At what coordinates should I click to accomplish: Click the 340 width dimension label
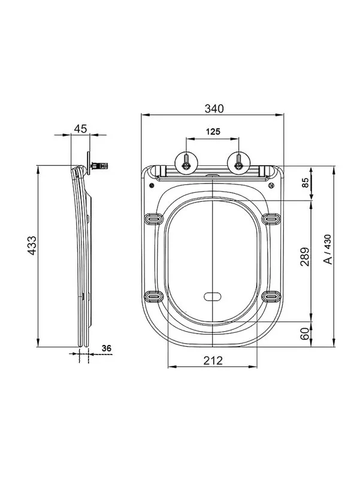click(x=214, y=109)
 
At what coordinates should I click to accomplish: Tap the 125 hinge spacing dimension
click(x=213, y=132)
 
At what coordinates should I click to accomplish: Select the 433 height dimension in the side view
click(x=32, y=245)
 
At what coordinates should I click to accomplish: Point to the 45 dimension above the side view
click(x=81, y=129)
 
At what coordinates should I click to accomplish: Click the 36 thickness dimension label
click(x=107, y=348)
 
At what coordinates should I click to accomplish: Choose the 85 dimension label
click(x=305, y=183)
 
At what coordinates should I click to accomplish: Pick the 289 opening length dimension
click(x=305, y=257)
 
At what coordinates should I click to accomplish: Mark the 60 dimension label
click(x=305, y=334)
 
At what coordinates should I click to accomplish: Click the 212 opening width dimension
click(x=213, y=361)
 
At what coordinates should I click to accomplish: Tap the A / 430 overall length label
click(x=327, y=249)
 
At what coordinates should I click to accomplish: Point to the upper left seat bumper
click(x=154, y=219)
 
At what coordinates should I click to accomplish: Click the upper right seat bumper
click(x=271, y=219)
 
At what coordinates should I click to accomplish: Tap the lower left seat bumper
click(x=154, y=296)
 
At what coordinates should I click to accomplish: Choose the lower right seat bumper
click(x=271, y=296)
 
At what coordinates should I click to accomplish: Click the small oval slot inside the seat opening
click(x=213, y=296)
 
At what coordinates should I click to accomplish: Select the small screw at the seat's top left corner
click(x=151, y=186)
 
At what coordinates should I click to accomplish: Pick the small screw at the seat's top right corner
click(x=271, y=186)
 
